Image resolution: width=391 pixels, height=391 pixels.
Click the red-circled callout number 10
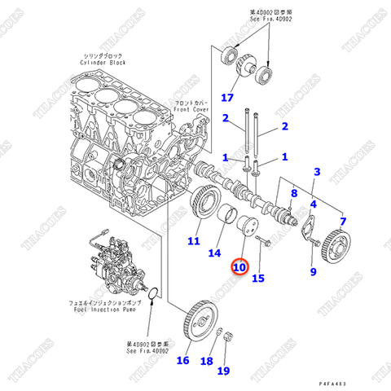tap(239, 266)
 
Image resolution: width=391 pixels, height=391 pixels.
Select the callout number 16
tap(182, 360)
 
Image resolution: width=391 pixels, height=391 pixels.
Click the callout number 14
tap(214, 253)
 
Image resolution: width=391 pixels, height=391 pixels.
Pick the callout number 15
tap(258, 279)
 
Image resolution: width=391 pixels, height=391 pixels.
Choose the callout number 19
tap(222, 371)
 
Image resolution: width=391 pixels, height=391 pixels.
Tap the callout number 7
tap(343, 221)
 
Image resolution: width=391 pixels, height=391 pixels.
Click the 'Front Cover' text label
tap(193, 106)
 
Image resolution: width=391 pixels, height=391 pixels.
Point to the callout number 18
tap(206, 360)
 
